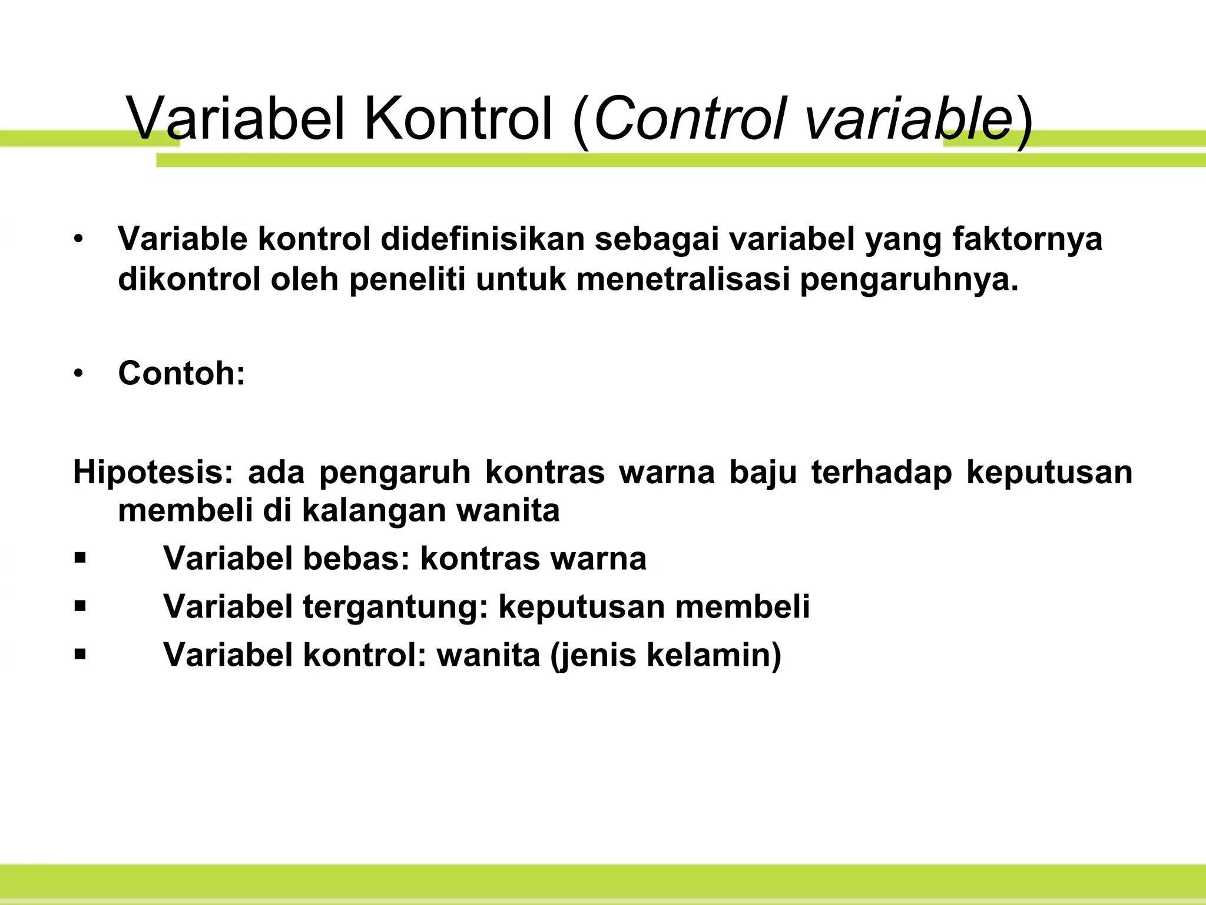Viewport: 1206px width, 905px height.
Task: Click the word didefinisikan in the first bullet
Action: click(482, 239)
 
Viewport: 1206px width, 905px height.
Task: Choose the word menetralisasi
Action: click(682, 279)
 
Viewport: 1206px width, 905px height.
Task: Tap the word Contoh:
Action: click(181, 373)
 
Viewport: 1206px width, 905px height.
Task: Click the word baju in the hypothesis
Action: click(763, 473)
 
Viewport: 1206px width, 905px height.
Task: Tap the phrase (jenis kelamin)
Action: click(665, 655)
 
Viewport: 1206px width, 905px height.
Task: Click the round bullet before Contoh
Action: click(79, 374)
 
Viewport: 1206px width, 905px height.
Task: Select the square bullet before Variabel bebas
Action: click(81, 558)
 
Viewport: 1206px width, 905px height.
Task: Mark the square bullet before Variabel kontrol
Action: click(81, 655)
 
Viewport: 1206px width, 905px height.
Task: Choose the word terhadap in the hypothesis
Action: click(881, 473)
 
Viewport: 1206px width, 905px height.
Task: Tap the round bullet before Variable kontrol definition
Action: click(79, 239)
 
